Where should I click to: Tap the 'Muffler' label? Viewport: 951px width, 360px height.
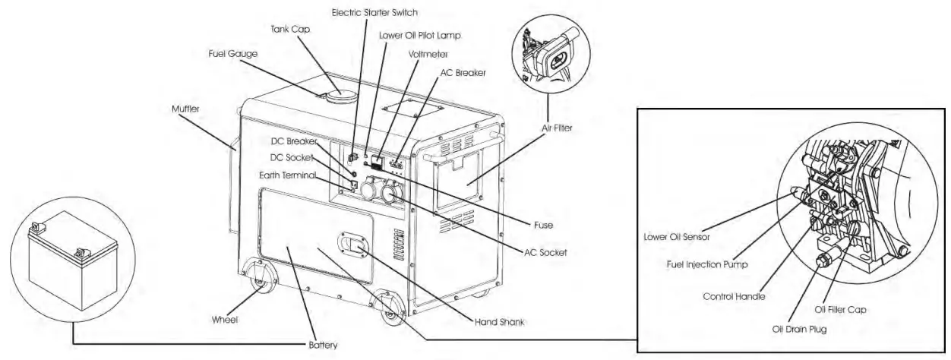[x=187, y=109]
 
